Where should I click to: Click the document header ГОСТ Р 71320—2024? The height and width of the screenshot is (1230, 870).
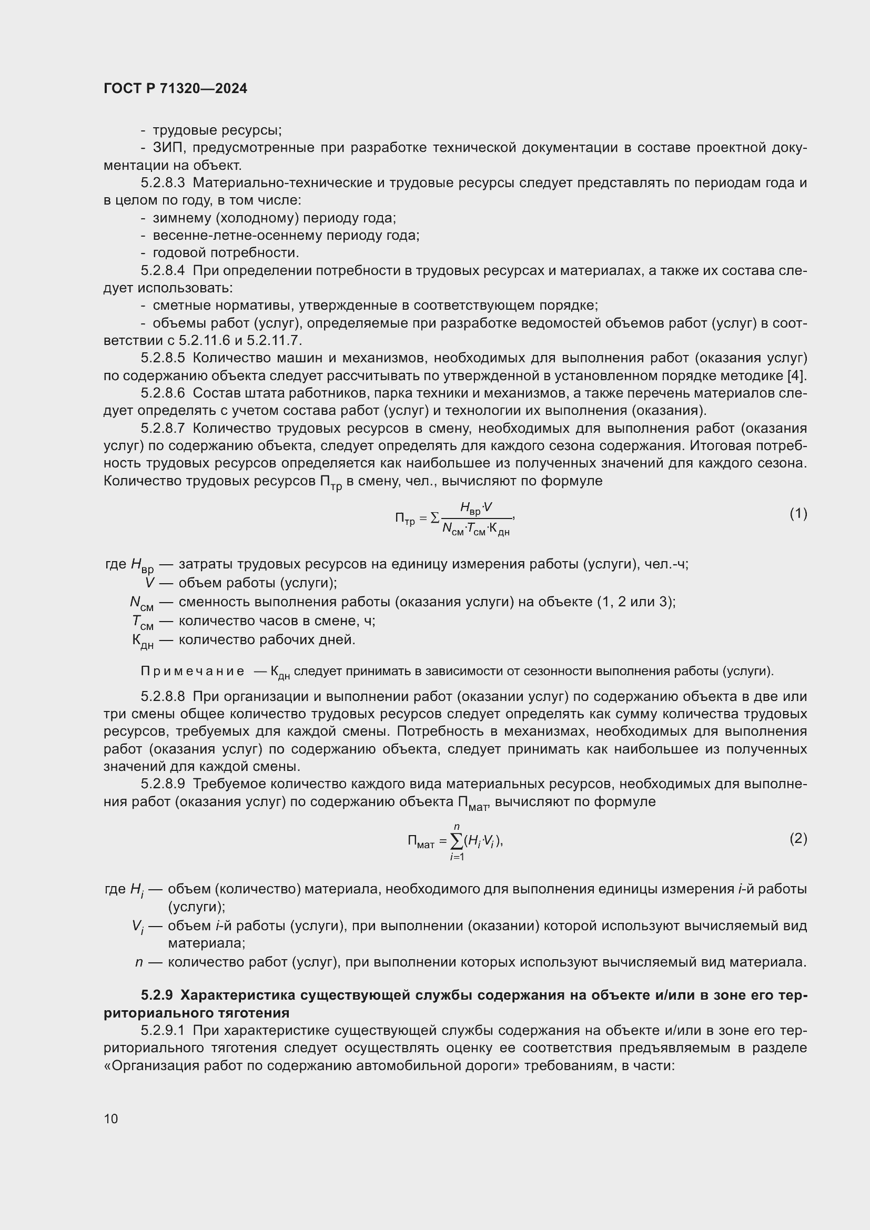pos(175,89)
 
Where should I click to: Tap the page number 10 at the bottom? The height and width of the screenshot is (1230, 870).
pos(111,1119)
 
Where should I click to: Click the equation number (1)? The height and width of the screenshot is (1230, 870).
pos(798,514)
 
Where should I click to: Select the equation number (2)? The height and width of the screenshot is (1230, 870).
pos(798,838)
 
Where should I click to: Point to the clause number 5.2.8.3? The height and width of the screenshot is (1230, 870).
pos(163,183)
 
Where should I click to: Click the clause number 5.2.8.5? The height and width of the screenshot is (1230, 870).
pos(163,358)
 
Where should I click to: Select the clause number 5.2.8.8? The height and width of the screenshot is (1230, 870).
pos(163,696)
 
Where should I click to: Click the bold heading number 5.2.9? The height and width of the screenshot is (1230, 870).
pos(157,995)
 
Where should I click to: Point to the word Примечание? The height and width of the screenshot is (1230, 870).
pos(193,671)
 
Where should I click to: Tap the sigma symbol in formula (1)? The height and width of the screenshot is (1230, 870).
pos(435,518)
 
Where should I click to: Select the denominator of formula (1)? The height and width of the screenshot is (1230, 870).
pos(476,530)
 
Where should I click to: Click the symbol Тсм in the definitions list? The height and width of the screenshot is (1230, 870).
pos(143,622)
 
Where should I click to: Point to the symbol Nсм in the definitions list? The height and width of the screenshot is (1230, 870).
pos(141,603)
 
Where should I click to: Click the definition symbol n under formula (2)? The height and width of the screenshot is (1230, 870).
pos(139,962)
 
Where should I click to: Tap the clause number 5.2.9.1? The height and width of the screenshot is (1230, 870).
pos(163,1031)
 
